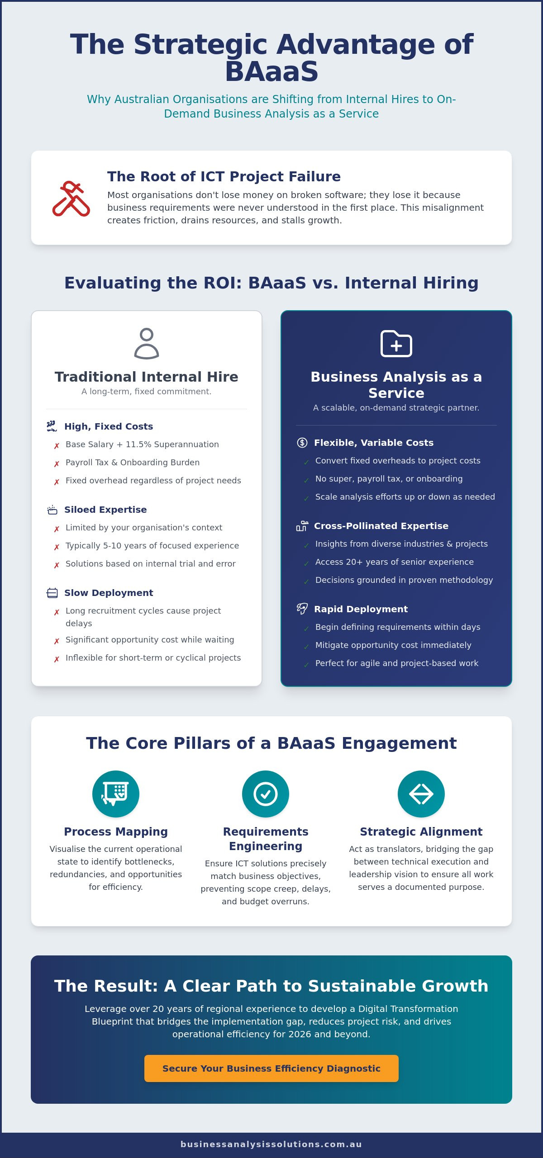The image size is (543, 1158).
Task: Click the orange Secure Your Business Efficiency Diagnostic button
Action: (271, 1068)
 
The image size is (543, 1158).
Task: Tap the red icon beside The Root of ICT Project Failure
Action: (71, 199)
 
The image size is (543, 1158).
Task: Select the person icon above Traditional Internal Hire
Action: (147, 344)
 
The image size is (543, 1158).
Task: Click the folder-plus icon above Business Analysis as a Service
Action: (396, 344)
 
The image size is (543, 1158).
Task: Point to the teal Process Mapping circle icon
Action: (116, 794)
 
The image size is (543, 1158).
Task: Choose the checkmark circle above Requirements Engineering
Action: (266, 794)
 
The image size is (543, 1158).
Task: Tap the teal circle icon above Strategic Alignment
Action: (421, 794)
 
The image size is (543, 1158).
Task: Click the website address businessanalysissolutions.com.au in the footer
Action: (271, 1144)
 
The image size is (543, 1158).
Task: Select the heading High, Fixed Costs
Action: (109, 426)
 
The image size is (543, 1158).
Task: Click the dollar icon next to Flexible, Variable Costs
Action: (302, 443)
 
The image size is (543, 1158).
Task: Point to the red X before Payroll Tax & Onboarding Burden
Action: (57, 464)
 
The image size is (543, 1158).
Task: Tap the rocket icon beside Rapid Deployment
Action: (302, 609)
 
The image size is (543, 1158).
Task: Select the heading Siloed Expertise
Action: (105, 510)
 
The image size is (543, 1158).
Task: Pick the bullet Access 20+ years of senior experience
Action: (395, 562)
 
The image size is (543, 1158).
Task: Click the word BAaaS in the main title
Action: (271, 72)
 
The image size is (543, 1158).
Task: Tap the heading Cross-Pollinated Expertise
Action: (381, 526)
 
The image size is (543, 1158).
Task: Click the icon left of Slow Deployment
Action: (52, 593)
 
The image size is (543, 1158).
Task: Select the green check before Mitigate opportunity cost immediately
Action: (306, 647)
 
